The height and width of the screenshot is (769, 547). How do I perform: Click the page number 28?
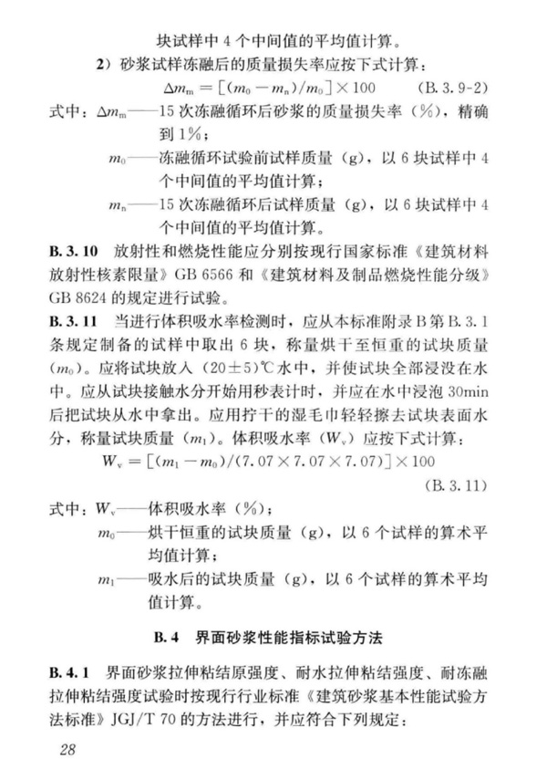click(67, 750)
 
